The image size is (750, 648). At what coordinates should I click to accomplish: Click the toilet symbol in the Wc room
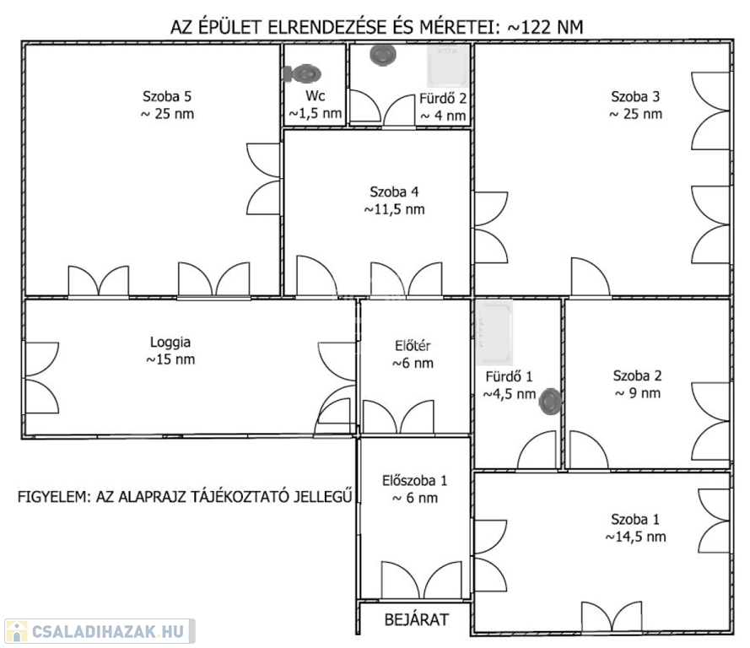(302, 73)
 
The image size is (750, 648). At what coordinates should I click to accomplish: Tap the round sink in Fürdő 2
(383, 55)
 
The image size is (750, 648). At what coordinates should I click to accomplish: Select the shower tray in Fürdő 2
(448, 66)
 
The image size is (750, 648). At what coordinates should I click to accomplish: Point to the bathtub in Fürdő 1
(494, 332)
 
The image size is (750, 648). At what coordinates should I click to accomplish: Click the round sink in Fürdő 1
(549, 402)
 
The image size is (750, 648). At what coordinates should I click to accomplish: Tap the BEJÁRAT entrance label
(417, 620)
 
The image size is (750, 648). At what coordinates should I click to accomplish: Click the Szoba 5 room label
(167, 96)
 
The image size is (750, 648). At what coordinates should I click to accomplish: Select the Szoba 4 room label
(394, 192)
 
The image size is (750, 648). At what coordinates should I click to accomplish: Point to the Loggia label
(170, 343)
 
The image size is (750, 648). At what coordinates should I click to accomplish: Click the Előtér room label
(413, 345)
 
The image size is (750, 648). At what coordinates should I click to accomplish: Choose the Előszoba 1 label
(415, 480)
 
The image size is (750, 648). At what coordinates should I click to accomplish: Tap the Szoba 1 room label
(635, 519)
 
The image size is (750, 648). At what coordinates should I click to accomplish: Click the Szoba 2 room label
(638, 375)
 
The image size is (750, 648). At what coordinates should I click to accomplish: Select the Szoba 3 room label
(635, 96)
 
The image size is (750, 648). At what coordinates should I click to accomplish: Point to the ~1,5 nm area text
(316, 113)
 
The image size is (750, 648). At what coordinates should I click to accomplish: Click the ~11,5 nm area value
(394, 209)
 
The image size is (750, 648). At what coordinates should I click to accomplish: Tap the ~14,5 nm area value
(635, 537)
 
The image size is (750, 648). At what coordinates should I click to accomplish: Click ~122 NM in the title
(545, 27)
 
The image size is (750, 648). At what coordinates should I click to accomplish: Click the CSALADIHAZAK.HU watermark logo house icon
(16, 631)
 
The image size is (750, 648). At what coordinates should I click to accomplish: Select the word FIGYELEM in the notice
(54, 497)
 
